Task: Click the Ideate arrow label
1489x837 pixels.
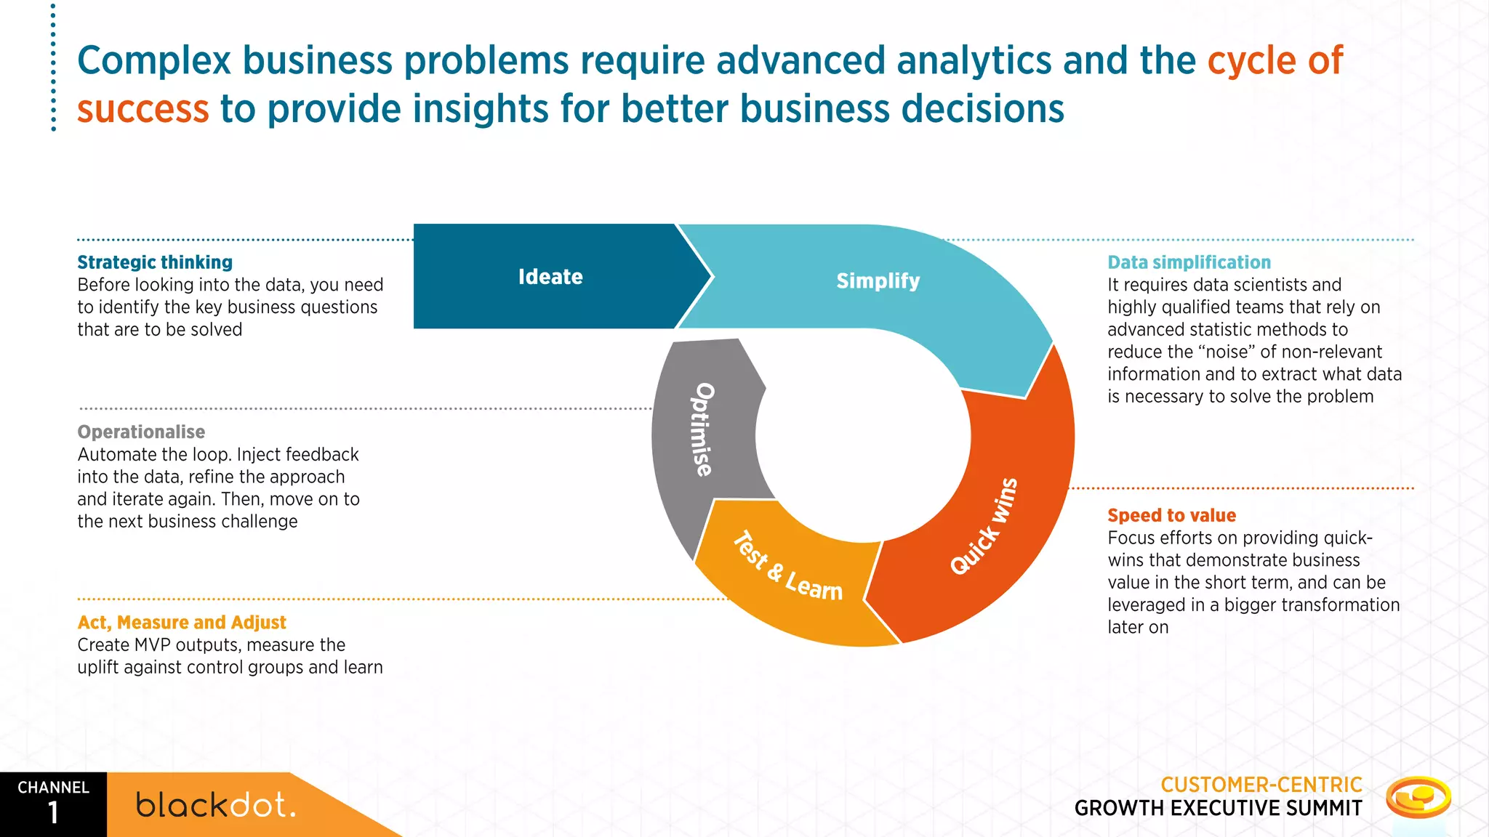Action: click(x=550, y=277)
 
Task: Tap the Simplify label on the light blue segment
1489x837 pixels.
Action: click(x=878, y=280)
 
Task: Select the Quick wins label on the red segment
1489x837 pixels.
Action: click(x=984, y=526)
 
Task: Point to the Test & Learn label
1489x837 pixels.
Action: click(x=787, y=567)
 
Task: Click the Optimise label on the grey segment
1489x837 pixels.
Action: click(x=702, y=429)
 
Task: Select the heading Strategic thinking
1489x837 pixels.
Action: click(x=155, y=262)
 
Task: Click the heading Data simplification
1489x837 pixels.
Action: click(x=1189, y=262)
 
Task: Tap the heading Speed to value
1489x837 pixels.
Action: click(x=1171, y=515)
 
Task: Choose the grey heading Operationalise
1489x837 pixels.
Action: click(x=141, y=432)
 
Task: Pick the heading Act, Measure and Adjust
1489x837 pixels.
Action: click(x=182, y=623)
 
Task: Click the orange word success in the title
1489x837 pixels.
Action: click(x=143, y=109)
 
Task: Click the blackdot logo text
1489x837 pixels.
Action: click(x=216, y=805)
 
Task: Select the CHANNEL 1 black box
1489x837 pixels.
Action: click(x=53, y=804)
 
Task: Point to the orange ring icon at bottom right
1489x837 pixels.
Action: click(x=1418, y=797)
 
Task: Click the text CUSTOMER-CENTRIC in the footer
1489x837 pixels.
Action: click(x=1261, y=785)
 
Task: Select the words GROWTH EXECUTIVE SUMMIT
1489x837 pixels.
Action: click(x=1218, y=808)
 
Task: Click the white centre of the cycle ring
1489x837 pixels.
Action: click(x=863, y=436)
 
